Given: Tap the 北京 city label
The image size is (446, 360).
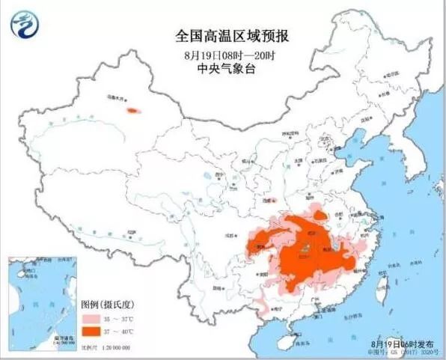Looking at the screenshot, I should coord(326,138).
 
